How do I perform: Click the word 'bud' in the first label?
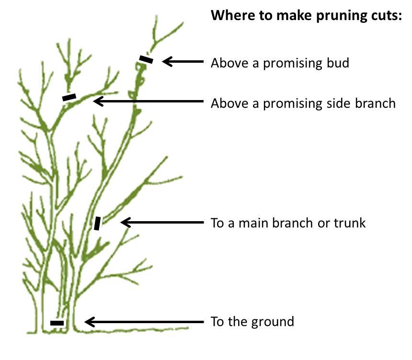338,63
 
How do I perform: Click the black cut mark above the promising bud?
146,59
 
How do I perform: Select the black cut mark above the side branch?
69,97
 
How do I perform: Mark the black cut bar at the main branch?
97,223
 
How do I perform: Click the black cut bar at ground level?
57,323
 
